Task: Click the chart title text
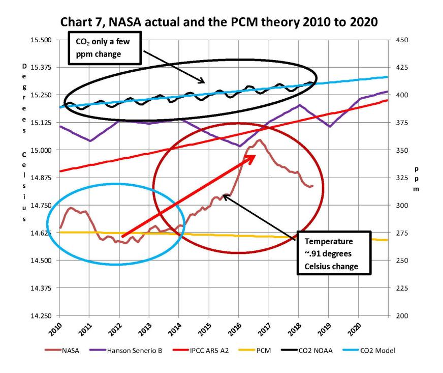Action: [x=221, y=22]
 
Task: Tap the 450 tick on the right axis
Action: [x=401, y=40]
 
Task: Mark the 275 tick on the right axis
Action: [x=401, y=233]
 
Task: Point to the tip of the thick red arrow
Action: [x=255, y=156]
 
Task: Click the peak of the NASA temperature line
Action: [x=260, y=140]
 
